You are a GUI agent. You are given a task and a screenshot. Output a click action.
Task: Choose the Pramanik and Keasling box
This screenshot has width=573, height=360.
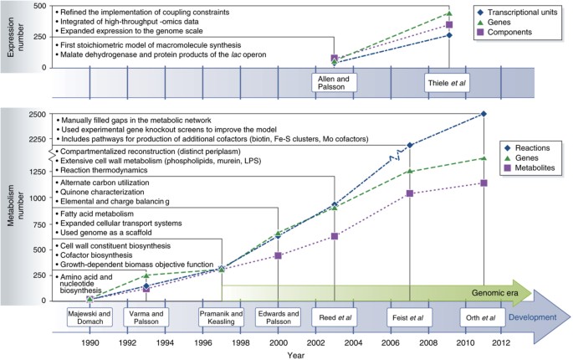[222, 318]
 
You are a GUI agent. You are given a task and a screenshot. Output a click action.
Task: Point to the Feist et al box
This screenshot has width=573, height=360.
[410, 318]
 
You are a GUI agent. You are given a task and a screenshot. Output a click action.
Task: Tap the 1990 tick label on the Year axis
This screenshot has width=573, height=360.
[90, 342]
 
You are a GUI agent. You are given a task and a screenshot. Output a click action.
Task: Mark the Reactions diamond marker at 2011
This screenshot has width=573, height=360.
[485, 114]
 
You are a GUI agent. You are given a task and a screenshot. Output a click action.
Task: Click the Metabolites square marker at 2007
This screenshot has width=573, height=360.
[410, 193]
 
